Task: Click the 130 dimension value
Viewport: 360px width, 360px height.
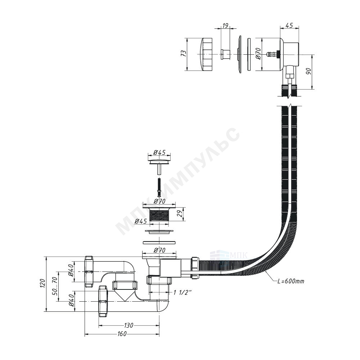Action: coord(129,325)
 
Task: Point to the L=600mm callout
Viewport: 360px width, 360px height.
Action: coord(291,281)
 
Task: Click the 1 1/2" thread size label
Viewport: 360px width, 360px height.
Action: coord(183,292)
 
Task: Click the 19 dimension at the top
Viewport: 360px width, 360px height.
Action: coord(225,25)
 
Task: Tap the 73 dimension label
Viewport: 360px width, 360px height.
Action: coord(183,54)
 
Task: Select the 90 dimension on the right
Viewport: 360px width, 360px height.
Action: coord(309,72)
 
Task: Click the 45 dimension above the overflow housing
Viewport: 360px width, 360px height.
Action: coord(289,25)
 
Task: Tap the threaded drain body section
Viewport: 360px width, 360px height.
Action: coord(159,214)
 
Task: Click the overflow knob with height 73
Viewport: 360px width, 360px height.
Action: coord(207,54)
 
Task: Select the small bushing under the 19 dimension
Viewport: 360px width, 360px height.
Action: coord(226,54)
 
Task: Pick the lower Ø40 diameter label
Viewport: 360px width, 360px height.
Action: coord(71,301)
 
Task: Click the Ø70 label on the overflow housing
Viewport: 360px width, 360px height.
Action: coord(258,54)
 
